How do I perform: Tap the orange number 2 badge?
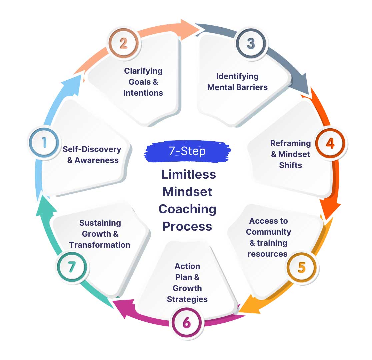click(123, 44)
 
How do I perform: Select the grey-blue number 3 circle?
click(251, 44)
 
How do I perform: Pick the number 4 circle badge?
click(330, 144)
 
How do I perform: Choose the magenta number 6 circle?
click(186, 322)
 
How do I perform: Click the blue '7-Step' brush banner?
click(187, 151)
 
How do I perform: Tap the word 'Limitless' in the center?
click(189, 174)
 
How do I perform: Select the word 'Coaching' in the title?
click(187, 209)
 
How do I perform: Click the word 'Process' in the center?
click(187, 226)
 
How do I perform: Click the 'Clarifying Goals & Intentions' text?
click(143, 82)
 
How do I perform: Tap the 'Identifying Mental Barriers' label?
click(237, 82)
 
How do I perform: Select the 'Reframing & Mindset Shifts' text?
click(290, 154)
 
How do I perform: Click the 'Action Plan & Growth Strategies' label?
click(187, 282)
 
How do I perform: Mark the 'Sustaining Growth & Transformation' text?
click(100, 234)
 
